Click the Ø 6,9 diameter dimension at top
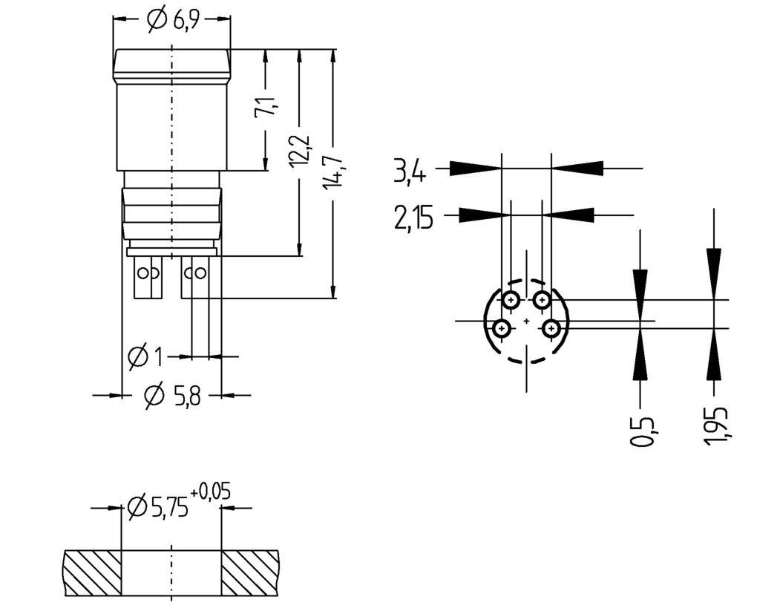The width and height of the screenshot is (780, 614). tap(171, 21)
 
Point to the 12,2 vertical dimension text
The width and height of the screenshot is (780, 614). tap(301, 151)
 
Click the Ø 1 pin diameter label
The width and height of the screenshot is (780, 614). tap(145, 357)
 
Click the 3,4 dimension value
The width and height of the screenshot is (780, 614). tap(409, 172)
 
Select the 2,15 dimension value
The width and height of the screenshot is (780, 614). tap(413, 218)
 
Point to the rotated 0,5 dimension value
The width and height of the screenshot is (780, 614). tap(643, 431)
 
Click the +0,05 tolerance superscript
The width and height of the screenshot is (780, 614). tap(210, 491)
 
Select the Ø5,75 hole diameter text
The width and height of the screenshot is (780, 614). tap(157, 508)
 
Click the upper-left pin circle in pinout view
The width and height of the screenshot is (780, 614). tap(511, 300)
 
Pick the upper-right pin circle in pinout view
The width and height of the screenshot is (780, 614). tap(543, 300)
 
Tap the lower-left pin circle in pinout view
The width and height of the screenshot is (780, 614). tap(502, 327)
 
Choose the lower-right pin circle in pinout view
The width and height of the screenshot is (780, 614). tap(551, 327)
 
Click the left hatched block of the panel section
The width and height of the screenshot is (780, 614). tap(92, 572)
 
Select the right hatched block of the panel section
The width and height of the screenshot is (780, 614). tap(250, 572)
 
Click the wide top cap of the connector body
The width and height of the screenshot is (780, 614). tap(171, 65)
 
